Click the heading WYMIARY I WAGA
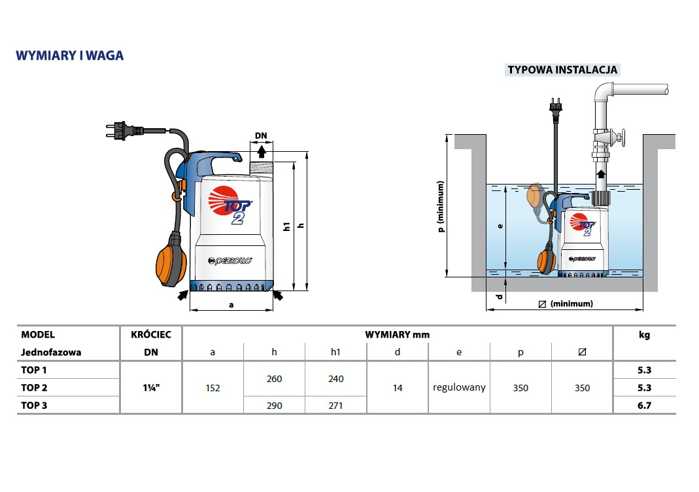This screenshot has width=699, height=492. tap(69, 56)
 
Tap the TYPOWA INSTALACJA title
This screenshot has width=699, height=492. tap(562, 70)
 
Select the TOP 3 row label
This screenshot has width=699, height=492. tap(34, 405)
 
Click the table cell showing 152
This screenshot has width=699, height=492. tap(213, 388)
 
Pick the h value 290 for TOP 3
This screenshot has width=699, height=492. tap(275, 406)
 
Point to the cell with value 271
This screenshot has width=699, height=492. tap(335, 406)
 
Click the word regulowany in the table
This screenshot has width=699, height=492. tap(459, 387)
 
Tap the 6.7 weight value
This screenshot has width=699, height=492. tap(644, 405)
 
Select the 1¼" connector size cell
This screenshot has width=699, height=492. tap(150, 388)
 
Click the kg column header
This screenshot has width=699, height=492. tap(644, 335)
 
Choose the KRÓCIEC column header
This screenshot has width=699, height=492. tap(150, 335)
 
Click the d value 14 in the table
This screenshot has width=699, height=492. tap(398, 388)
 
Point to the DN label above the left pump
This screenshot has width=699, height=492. tap(261, 136)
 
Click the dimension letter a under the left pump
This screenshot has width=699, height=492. tap(231, 305)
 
